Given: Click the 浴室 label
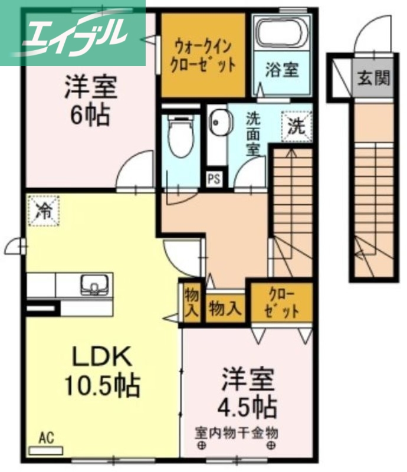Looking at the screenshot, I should point(281,70).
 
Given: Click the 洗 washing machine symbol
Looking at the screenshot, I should point(296,125).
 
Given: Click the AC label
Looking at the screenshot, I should point(47,438).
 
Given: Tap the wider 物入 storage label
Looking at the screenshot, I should point(225,308).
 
